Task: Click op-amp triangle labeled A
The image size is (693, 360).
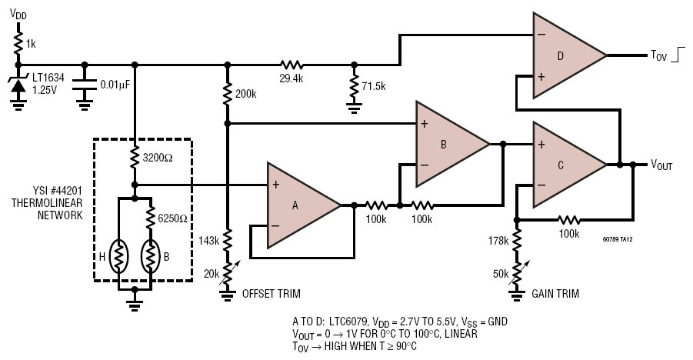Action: [300, 205]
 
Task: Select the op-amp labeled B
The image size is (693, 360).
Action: [448, 144]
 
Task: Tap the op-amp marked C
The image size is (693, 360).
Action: [566, 165]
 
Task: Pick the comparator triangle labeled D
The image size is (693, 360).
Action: [566, 55]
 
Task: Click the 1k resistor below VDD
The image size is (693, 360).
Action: [18, 43]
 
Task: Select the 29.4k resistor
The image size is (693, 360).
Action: [292, 65]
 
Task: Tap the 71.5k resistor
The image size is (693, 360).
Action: [354, 86]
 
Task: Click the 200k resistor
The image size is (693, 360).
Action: [227, 93]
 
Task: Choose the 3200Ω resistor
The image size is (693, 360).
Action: [135, 158]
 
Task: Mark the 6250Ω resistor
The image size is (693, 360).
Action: [151, 218]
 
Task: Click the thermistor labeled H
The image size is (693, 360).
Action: [118, 256]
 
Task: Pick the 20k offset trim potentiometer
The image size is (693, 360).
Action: [227, 274]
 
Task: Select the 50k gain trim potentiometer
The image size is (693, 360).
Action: [516, 274]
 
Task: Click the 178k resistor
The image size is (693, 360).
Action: [516, 241]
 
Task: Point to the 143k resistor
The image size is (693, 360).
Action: [227, 241]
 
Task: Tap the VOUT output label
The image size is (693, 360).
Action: [661, 165]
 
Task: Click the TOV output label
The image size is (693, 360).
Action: [658, 55]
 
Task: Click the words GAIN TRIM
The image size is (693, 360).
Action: [555, 293]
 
